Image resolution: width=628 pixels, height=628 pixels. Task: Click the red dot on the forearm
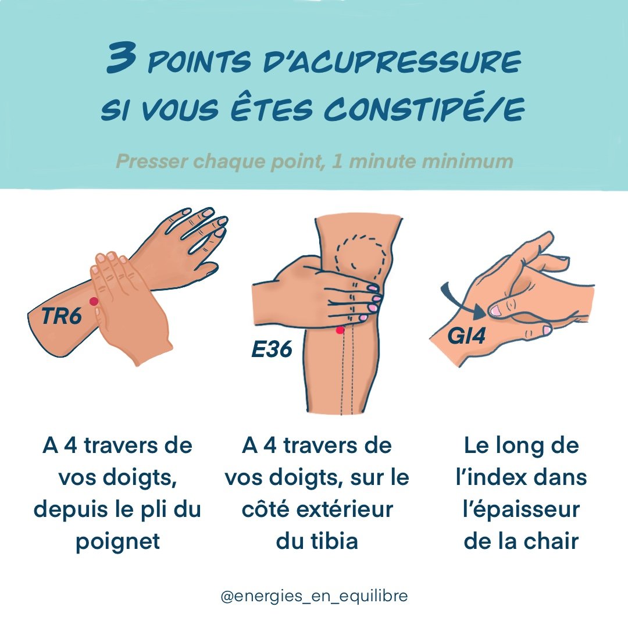click(x=94, y=301)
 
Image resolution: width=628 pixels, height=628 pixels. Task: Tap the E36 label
click(x=272, y=350)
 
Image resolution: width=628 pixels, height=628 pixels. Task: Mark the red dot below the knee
click(x=340, y=330)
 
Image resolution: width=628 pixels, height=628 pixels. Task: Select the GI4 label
click(x=466, y=336)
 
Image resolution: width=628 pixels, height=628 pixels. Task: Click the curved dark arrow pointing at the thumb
click(x=462, y=302)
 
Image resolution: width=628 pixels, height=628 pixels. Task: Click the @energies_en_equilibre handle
click(x=314, y=597)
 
